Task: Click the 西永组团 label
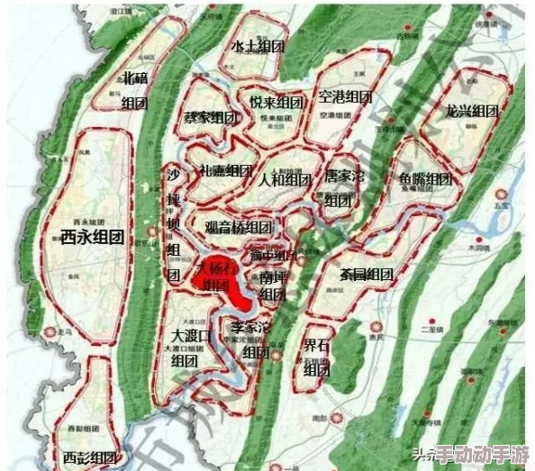[93, 237]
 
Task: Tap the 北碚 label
[135, 78]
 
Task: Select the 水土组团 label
[258, 47]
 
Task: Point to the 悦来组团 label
[276, 102]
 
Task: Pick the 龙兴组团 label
[471, 112]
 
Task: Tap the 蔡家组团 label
[210, 118]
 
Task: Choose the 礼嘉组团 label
[225, 171]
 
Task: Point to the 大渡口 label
[191, 337]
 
